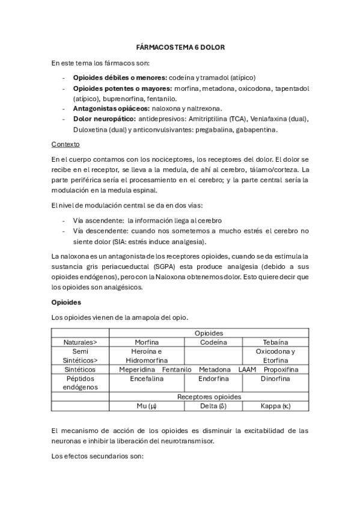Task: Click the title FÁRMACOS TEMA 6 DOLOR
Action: (x=180, y=47)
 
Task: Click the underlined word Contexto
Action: (x=66, y=144)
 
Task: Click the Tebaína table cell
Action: (x=275, y=342)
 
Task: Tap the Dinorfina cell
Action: (x=275, y=379)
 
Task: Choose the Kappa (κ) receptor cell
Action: (x=275, y=406)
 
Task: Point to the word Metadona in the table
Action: (x=214, y=369)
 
